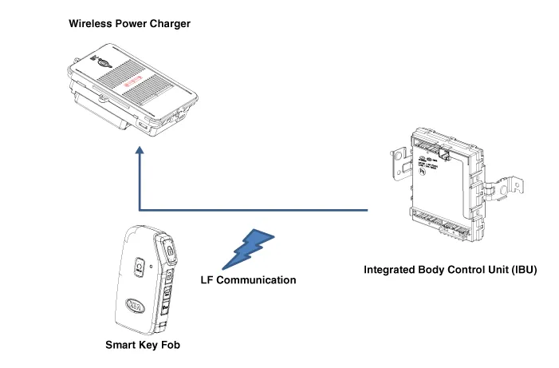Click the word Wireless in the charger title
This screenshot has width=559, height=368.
[x=89, y=24]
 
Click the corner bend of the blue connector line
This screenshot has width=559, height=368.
[x=140, y=211]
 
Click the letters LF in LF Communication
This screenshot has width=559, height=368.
[x=206, y=280]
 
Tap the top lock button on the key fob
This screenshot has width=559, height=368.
[x=170, y=250]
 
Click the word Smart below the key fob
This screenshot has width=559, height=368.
[x=122, y=346]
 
